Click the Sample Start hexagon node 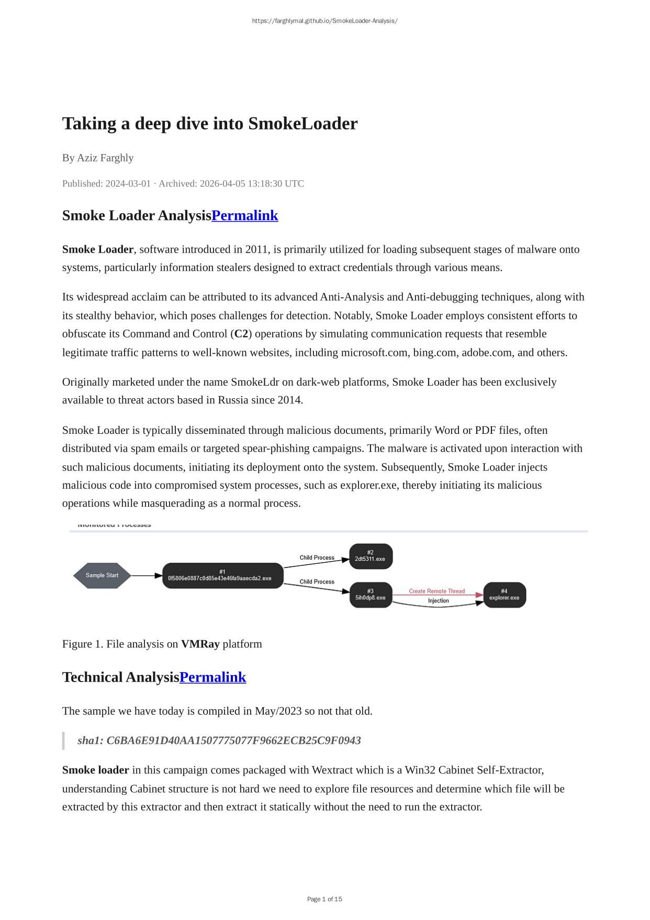[102, 575]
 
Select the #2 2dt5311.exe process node [370, 556]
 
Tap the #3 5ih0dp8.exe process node [371, 595]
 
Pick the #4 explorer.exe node [504, 595]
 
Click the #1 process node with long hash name [222, 575]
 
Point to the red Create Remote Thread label [436, 591]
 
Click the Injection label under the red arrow [438, 601]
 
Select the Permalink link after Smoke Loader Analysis [244, 215]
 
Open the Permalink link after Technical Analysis [212, 677]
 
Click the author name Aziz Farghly [105, 158]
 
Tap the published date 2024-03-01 [128, 183]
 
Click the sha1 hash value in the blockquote [233, 740]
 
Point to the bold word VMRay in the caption [200, 644]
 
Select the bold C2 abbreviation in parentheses [241, 334]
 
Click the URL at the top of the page [324, 21]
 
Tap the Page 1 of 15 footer [324, 899]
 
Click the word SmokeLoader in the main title [302, 124]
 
